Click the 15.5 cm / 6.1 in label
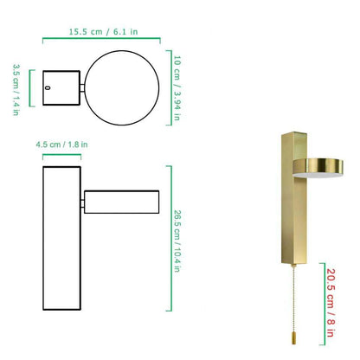[101, 32]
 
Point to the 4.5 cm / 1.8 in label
[59, 146]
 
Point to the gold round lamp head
[316, 165]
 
